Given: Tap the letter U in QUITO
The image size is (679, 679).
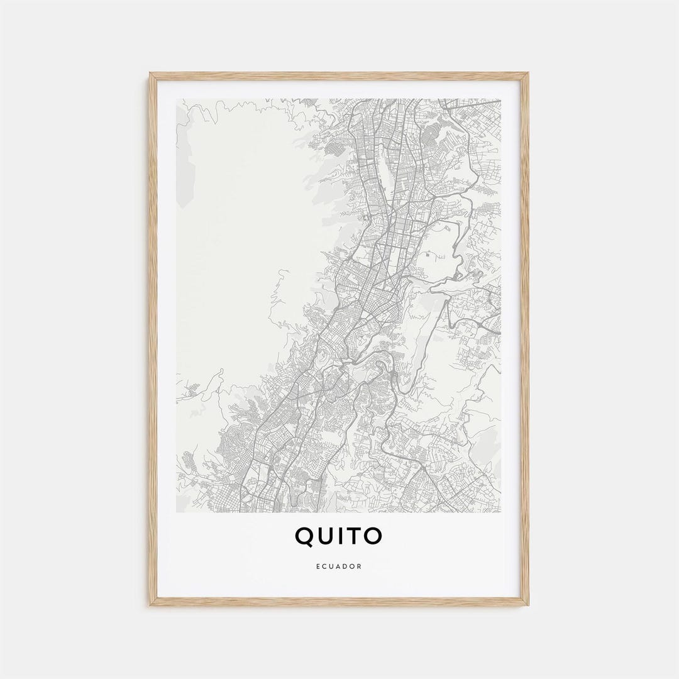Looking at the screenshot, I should click(327, 536).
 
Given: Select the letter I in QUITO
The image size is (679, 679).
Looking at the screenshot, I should click(343, 536).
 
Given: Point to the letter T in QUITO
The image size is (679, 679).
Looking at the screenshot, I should click(355, 536).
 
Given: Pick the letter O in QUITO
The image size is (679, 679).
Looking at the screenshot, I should click(373, 536).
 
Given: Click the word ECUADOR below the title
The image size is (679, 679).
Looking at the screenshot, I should click(339, 566).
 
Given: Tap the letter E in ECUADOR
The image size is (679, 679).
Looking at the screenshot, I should click(319, 566).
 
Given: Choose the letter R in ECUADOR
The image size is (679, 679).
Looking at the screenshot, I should click(360, 566).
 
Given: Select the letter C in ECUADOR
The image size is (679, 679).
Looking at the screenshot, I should click(325, 566).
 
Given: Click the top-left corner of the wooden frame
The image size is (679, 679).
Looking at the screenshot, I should click(150, 73).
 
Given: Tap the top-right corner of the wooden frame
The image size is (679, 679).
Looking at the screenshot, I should click(528, 73).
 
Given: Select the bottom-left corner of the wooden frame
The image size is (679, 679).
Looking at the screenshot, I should click(150, 605).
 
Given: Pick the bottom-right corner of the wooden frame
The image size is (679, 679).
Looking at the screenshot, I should click(528, 605).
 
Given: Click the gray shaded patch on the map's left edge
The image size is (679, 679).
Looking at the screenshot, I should click(184, 163).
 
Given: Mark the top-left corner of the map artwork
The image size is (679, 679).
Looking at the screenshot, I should click(177, 99).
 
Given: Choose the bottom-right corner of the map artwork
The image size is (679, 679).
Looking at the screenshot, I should click(501, 512).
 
